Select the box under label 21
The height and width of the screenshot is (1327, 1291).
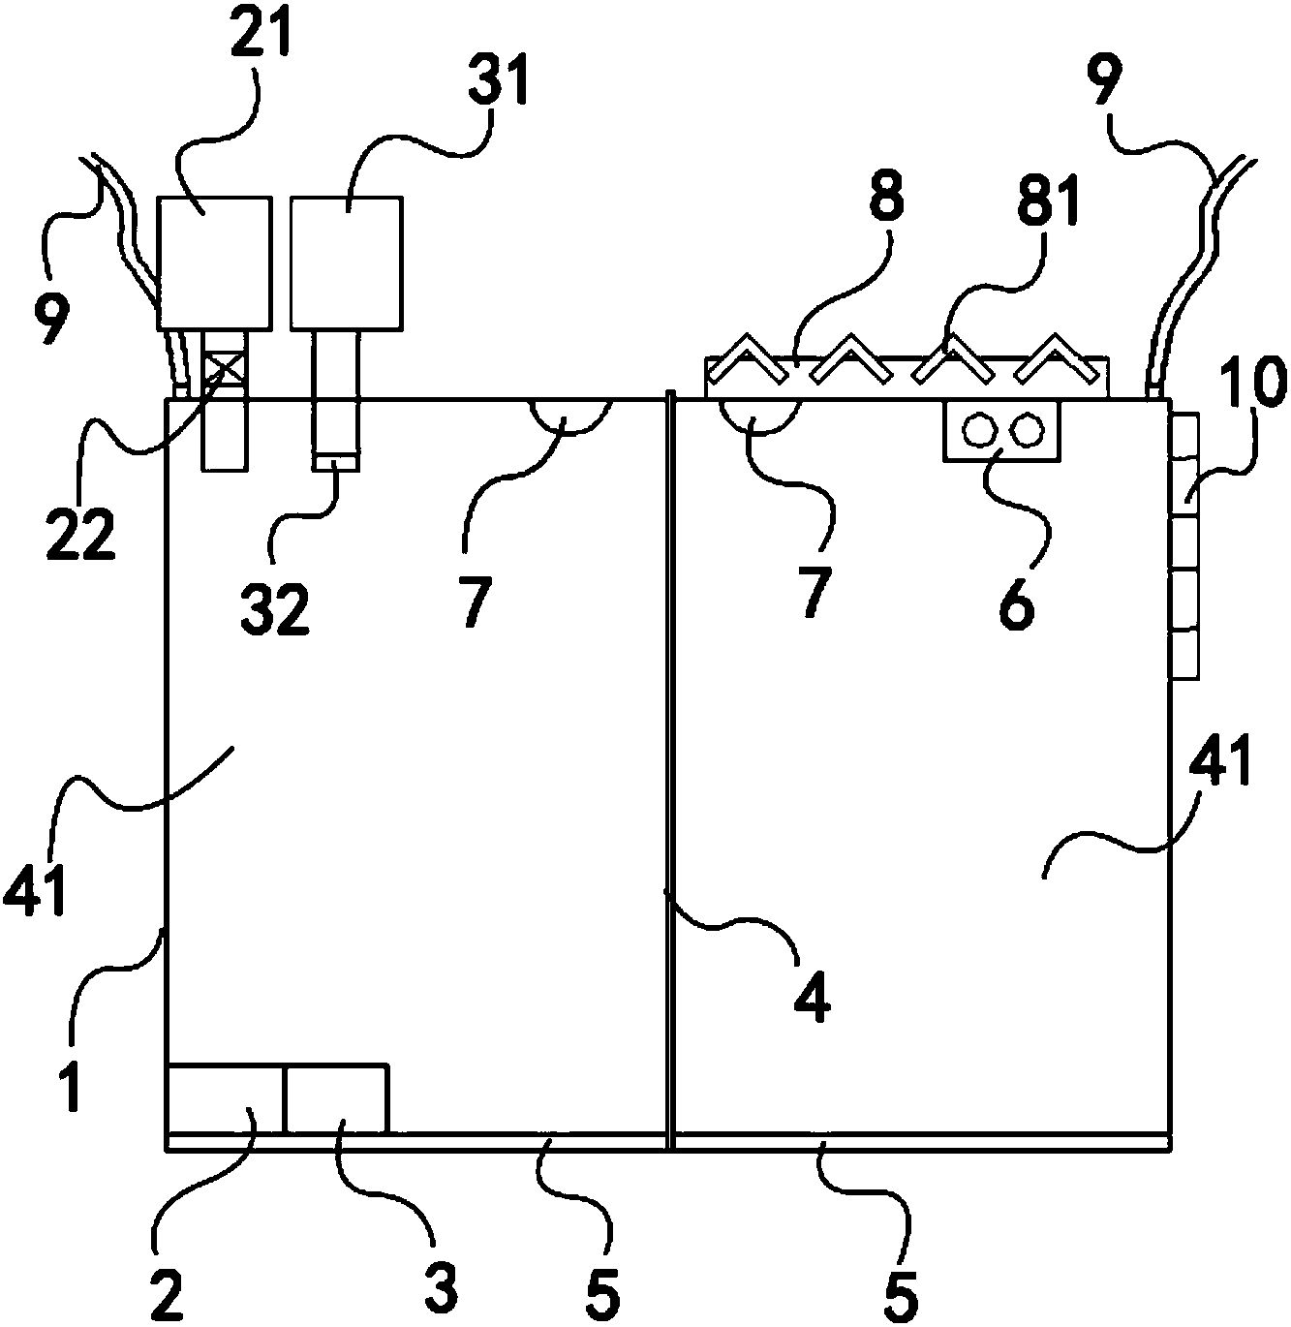point(213,262)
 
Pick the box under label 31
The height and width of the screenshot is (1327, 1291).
point(345,262)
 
